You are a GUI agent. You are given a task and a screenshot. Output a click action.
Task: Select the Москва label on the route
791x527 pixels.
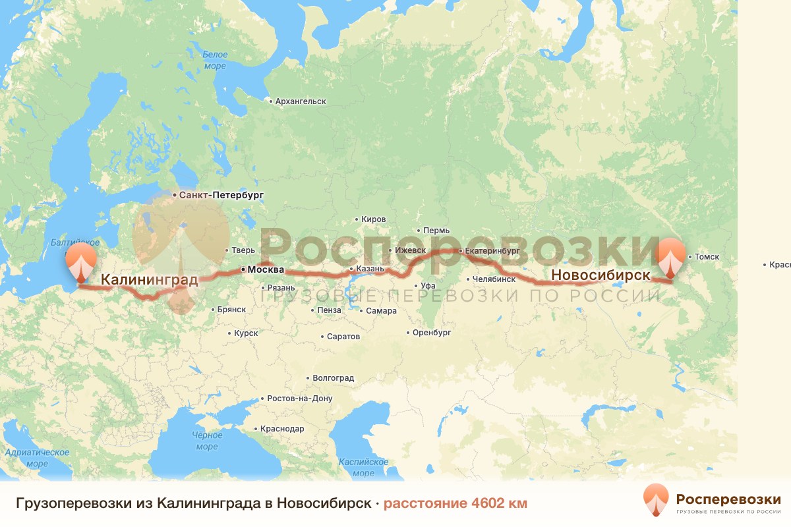click(264, 270)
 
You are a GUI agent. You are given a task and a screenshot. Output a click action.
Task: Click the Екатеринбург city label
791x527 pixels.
click(492, 251)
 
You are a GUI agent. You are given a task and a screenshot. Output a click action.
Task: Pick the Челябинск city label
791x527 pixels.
click(493, 279)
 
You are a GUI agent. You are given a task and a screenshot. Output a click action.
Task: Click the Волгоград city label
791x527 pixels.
click(333, 378)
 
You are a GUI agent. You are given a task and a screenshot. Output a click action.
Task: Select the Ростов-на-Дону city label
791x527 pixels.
click(300, 399)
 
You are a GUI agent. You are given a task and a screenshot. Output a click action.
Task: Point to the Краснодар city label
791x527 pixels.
click(282, 429)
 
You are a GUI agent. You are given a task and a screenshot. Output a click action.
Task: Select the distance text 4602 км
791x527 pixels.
click(455, 504)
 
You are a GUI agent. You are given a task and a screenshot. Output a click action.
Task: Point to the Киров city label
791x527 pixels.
click(374, 219)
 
